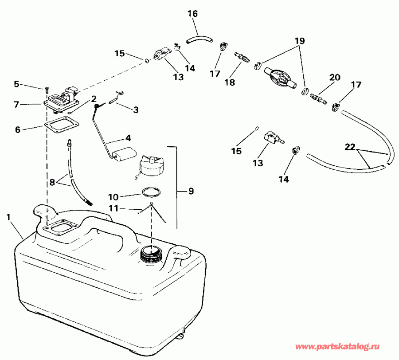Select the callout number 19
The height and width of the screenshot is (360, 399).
300,40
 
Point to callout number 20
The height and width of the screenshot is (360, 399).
334,78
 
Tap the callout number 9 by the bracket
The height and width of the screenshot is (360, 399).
191,192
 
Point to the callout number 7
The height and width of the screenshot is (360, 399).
16,105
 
